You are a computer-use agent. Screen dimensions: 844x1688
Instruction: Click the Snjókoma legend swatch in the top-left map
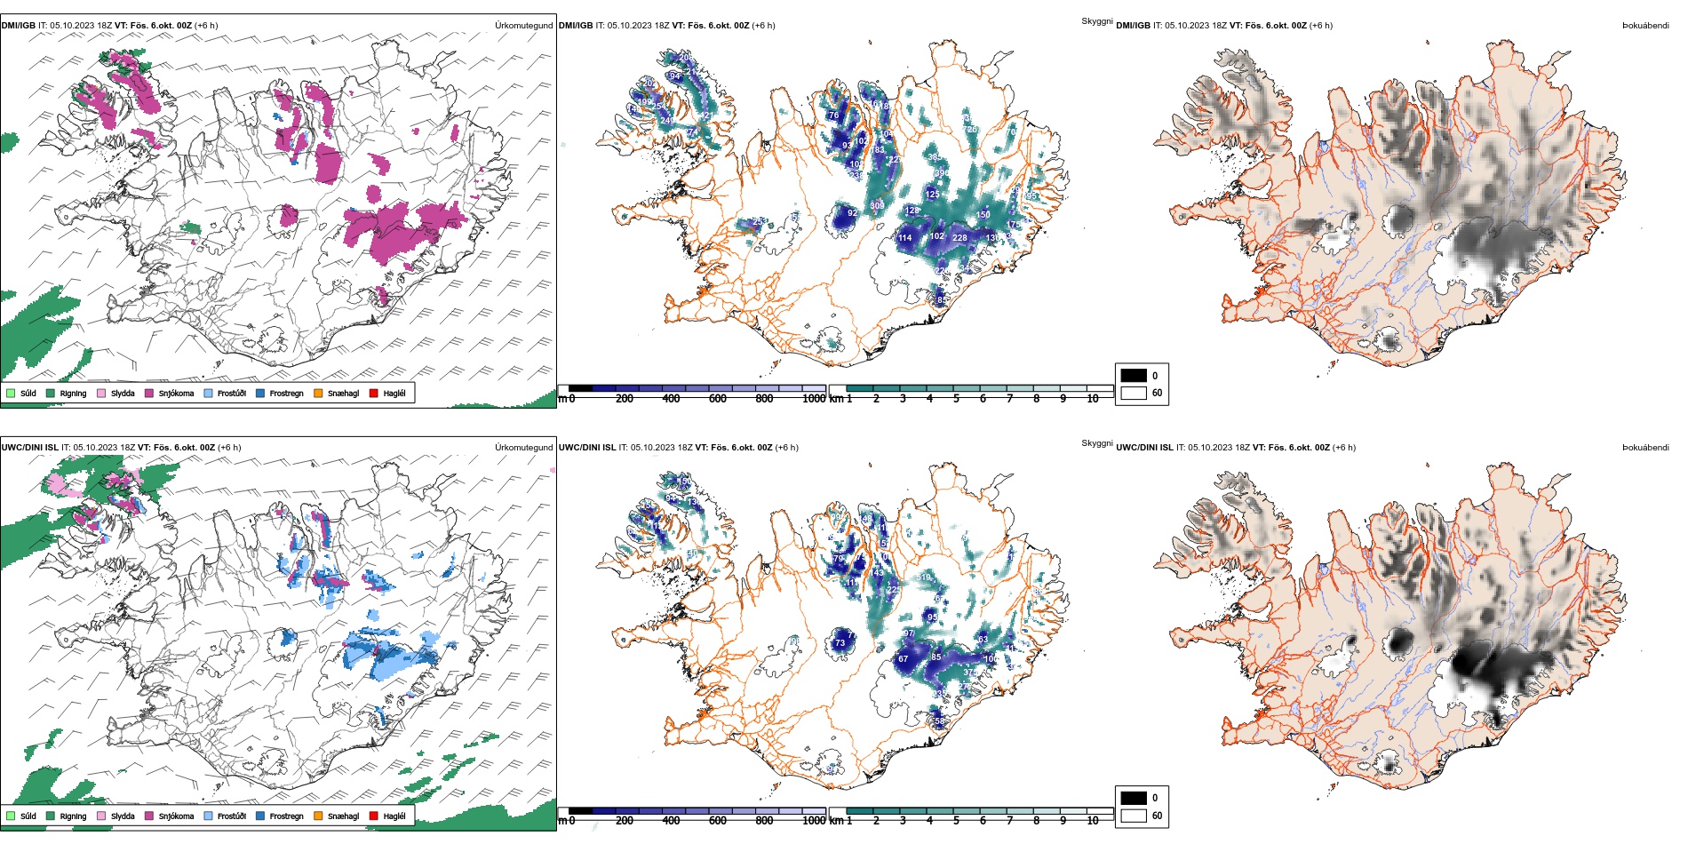(x=149, y=393)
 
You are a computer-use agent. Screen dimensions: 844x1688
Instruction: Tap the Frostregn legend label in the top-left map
(x=286, y=394)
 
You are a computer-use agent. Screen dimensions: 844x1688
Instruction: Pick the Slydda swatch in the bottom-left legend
(x=101, y=816)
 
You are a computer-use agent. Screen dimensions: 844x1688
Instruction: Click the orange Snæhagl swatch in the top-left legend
(x=318, y=393)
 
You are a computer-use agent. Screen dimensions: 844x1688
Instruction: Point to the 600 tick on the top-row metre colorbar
(x=718, y=399)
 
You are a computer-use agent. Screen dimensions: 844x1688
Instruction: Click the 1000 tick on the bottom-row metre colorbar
(x=814, y=821)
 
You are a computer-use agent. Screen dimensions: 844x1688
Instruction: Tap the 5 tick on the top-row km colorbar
(x=956, y=399)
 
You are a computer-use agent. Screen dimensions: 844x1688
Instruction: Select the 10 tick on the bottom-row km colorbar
(x=1093, y=821)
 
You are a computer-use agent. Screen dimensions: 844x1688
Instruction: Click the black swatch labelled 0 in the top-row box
(x=1134, y=376)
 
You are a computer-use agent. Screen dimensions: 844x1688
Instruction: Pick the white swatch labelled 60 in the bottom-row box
(x=1134, y=816)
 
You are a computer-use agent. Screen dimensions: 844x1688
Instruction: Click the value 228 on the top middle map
(x=959, y=238)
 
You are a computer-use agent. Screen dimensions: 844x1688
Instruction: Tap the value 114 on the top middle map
(x=904, y=238)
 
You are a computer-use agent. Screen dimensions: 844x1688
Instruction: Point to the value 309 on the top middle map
(x=877, y=206)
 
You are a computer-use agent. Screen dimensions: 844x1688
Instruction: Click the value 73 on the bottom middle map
(x=840, y=643)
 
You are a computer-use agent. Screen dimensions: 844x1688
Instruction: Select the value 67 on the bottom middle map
(x=904, y=659)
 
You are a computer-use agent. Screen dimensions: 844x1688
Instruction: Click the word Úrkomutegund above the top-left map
(x=523, y=26)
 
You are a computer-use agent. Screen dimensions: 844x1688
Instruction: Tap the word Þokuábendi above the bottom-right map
(x=1645, y=448)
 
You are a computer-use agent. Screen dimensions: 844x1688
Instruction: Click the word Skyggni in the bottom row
(x=1096, y=442)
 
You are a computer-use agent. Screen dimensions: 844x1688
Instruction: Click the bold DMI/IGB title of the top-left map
(x=19, y=26)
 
